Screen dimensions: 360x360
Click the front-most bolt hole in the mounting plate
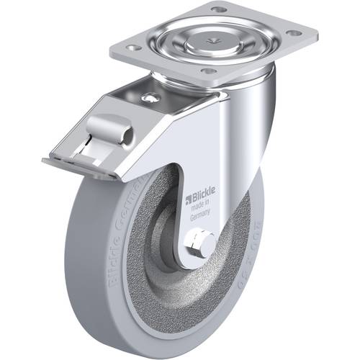[x=208, y=71]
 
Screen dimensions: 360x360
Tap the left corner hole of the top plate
[x=132, y=48]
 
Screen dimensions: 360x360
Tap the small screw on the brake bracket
[x=150, y=98]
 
